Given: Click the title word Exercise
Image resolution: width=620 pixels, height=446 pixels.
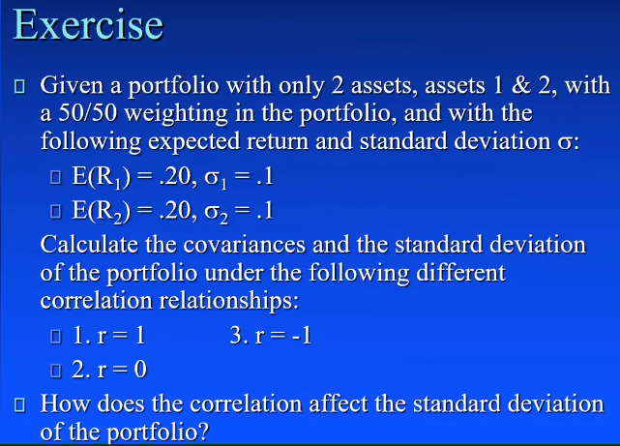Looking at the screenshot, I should tap(88, 25).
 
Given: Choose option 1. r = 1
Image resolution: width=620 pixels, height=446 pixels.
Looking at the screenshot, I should tap(109, 338).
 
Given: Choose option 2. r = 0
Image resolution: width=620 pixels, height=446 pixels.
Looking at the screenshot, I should tap(109, 370).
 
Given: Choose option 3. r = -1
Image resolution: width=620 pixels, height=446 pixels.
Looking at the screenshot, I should tap(271, 338).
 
